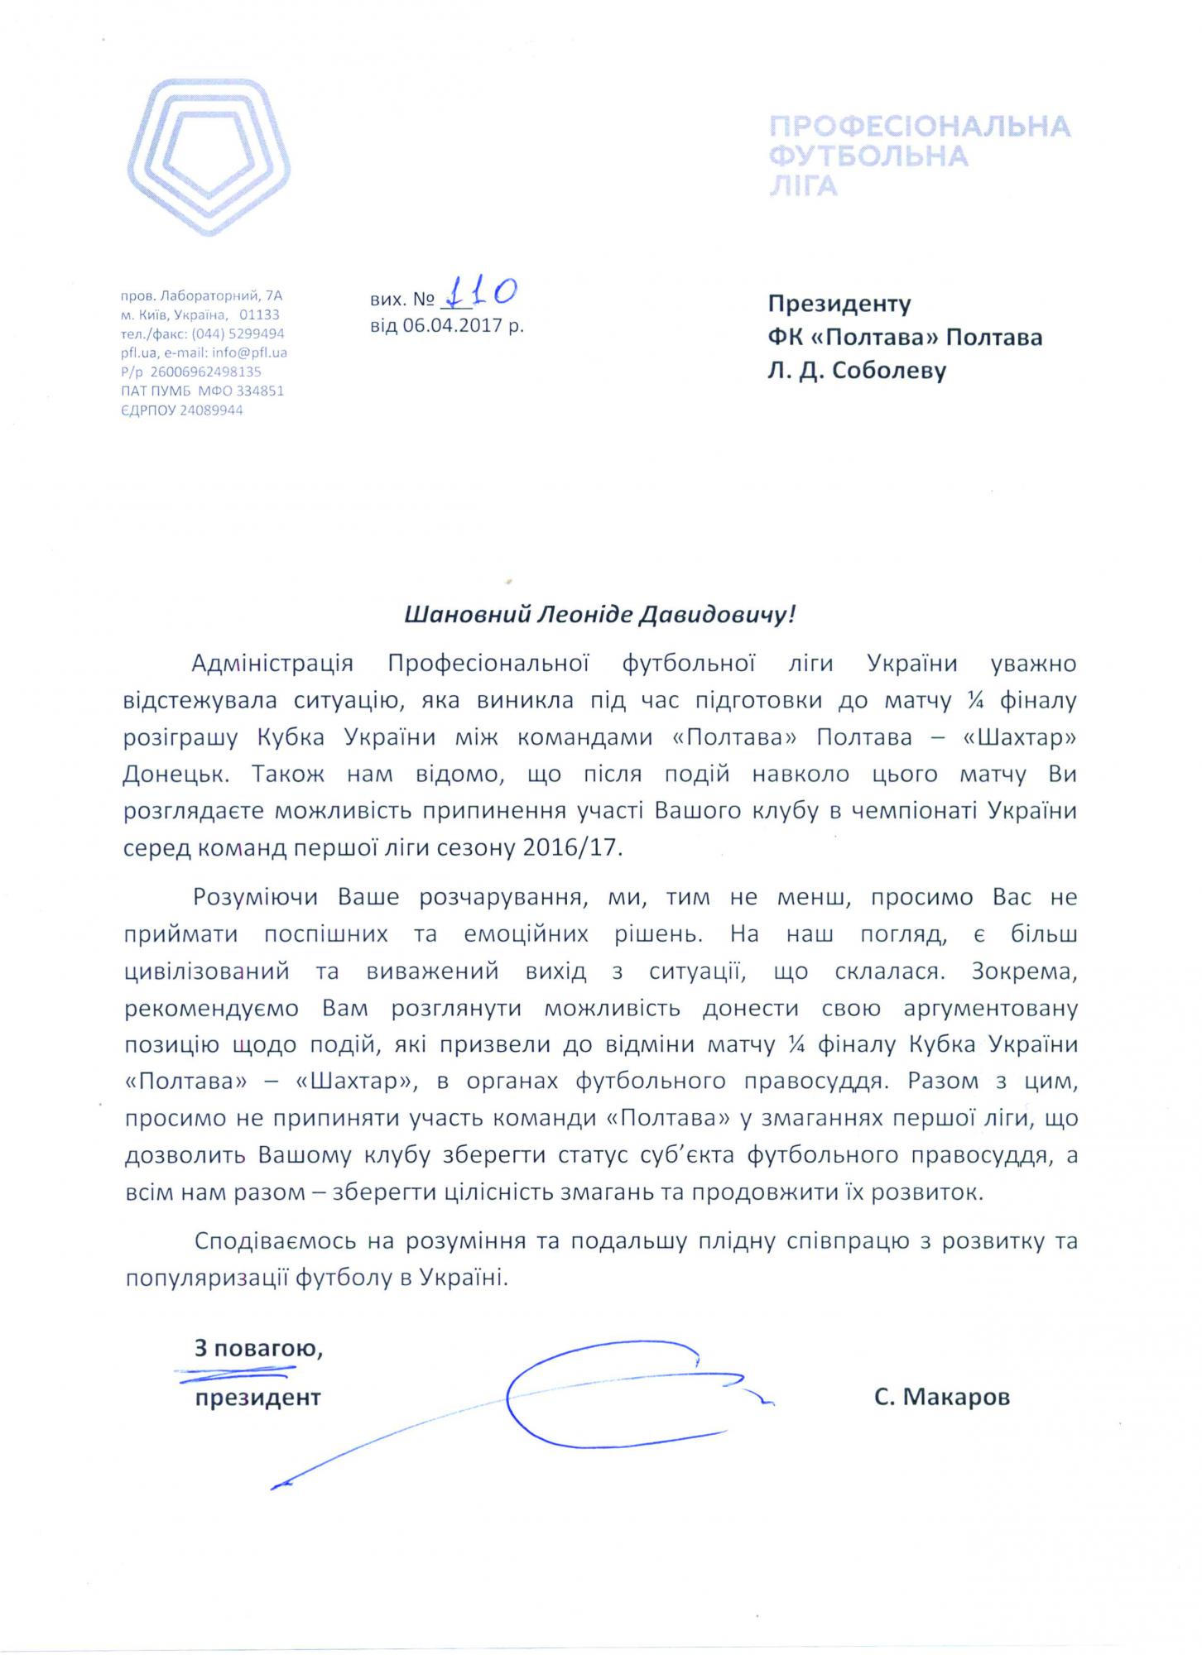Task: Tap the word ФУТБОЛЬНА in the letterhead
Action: (869, 156)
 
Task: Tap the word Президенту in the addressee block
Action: (839, 304)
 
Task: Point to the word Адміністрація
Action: (272, 664)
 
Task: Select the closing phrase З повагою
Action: (258, 1349)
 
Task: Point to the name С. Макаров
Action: (941, 1398)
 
